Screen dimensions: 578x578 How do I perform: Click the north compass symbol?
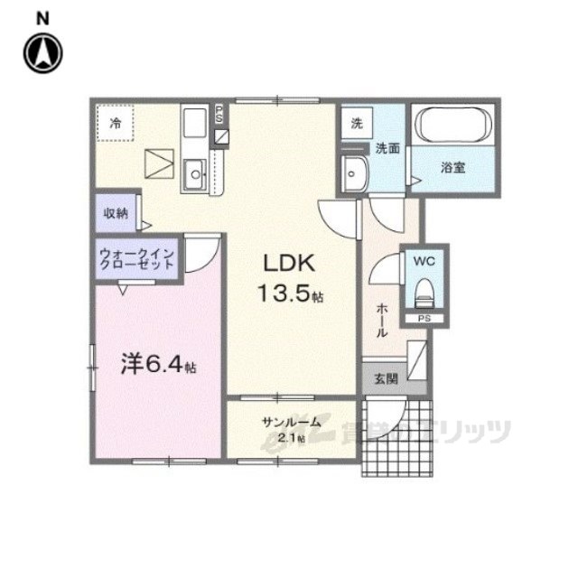click(42, 51)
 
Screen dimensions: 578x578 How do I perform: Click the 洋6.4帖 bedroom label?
click(159, 366)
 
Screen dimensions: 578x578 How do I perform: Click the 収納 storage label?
click(115, 214)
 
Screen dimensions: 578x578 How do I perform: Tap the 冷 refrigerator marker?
click(116, 124)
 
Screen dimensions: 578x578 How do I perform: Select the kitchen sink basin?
click(193, 174)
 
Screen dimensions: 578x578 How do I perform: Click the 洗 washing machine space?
click(357, 124)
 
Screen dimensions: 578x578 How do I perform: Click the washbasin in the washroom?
click(355, 172)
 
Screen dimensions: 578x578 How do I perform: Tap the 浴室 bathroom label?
click(453, 167)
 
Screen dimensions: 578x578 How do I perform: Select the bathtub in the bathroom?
click(452, 124)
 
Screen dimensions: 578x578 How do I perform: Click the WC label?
click(424, 261)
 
